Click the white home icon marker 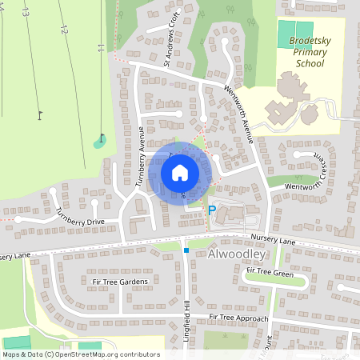180,172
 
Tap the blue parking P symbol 212,211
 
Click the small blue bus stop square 186,250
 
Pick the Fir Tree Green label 270,270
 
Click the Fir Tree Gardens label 122,282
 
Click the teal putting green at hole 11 99,142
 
